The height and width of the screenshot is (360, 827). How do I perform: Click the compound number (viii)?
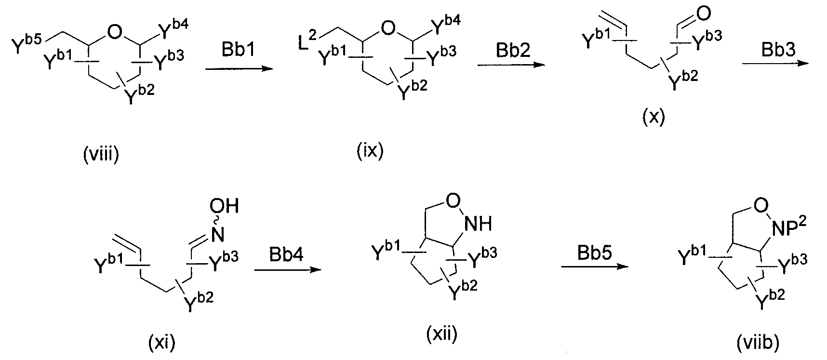tap(101, 156)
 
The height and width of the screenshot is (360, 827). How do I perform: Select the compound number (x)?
tap(654, 117)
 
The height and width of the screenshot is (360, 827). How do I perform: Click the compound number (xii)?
tap(442, 333)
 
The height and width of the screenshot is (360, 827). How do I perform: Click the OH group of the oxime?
tap(225, 207)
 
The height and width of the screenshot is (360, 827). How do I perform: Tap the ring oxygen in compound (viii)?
tap(114, 33)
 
